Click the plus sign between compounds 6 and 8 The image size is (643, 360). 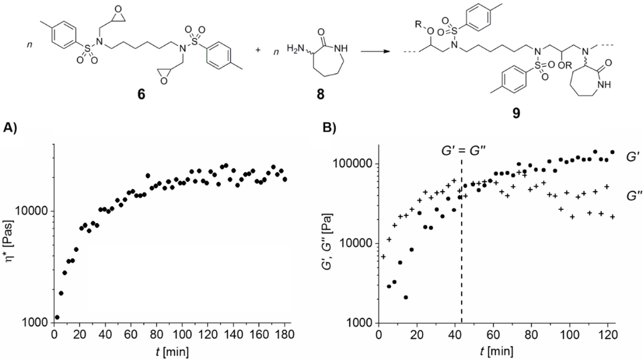coord(259,48)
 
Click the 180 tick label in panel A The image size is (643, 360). coord(285,335)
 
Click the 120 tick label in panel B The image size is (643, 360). coord(608,335)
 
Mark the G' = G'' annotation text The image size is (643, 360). coord(462,151)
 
